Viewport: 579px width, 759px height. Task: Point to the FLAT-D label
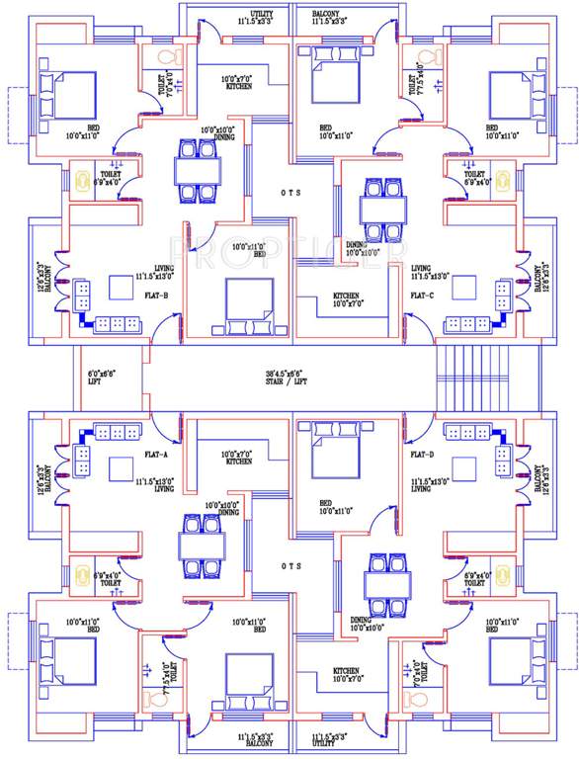coord(423,457)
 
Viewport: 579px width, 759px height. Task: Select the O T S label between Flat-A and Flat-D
coord(289,566)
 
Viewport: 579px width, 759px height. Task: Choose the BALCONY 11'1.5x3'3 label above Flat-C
coord(331,16)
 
